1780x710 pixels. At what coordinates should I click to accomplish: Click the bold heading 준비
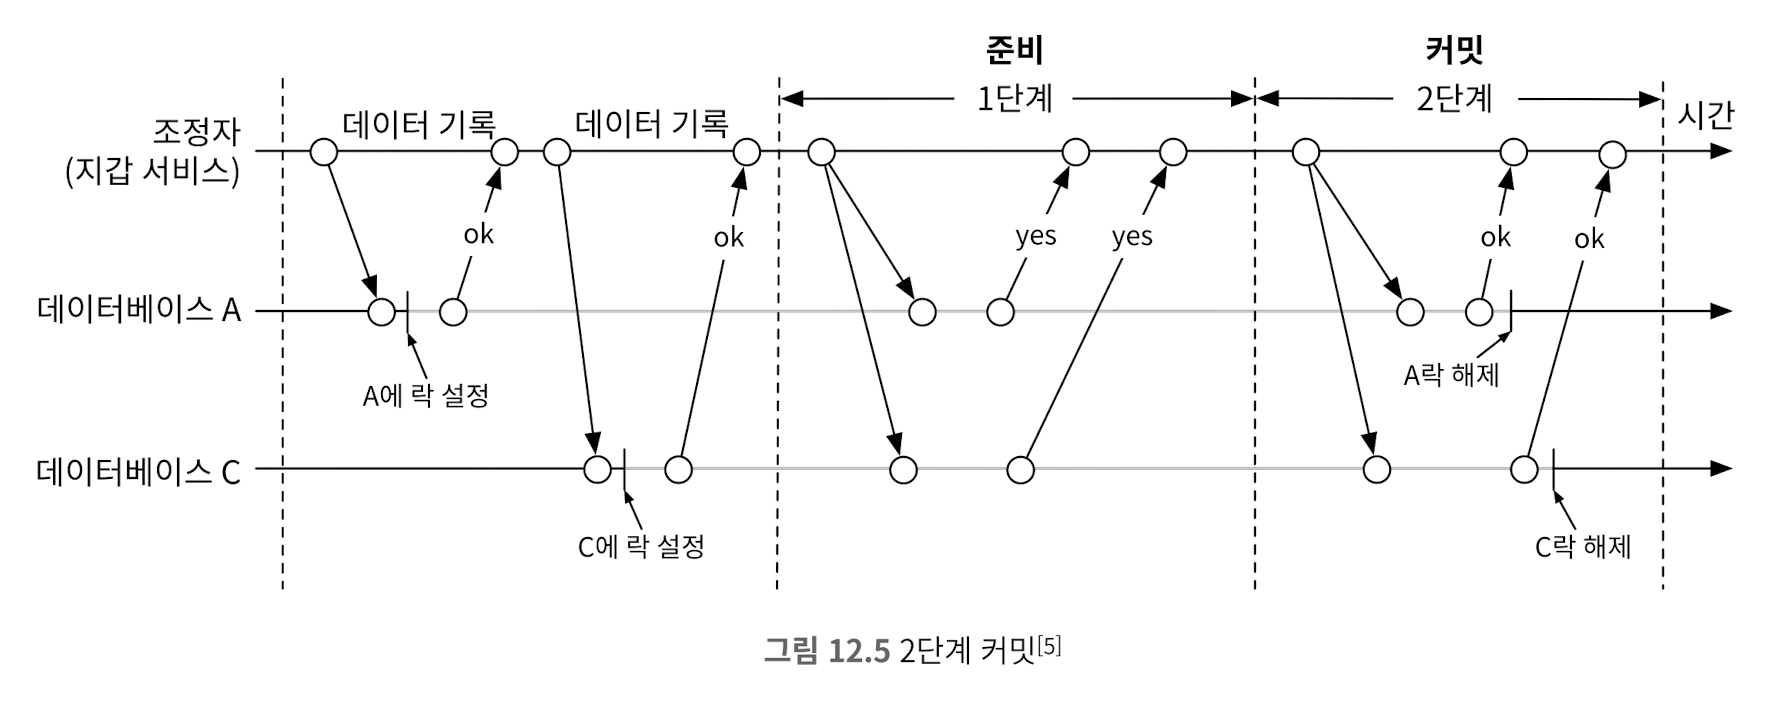1014,50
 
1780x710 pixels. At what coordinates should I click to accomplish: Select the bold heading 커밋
1454,50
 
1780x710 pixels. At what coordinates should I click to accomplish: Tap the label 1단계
1014,99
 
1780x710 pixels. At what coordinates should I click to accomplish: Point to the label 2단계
1454,99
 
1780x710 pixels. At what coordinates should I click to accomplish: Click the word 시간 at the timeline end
1705,117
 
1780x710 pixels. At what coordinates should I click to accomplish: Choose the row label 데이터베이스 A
139,310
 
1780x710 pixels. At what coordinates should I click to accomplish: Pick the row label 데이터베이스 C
139,470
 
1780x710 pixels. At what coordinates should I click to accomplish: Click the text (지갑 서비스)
152,172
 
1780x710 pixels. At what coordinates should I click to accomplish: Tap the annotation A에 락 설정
425,396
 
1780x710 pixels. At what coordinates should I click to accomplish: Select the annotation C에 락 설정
641,547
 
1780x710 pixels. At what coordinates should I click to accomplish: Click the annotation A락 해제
1451,376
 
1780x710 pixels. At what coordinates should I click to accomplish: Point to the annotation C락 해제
1583,547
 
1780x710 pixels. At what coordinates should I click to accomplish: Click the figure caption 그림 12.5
826,651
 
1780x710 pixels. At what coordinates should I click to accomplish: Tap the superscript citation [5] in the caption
1049,644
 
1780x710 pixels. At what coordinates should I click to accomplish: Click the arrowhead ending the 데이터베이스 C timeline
1721,469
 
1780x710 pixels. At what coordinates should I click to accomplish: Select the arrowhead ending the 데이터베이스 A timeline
1721,311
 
